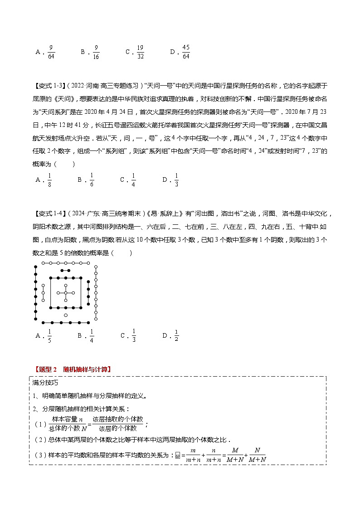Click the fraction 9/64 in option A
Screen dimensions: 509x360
[x=51, y=52]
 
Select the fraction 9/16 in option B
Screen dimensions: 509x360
[x=96, y=52]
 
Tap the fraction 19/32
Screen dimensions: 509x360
[x=140, y=52]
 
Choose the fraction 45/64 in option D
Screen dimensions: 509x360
[x=185, y=52]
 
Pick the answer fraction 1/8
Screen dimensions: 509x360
[x=49, y=180]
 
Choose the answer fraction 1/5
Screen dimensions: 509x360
[x=49, y=336]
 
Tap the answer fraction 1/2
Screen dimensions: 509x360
[x=176, y=336]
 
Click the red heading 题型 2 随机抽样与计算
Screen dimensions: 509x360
[x=73, y=369]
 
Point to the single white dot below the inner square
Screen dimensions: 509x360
[x=66, y=315]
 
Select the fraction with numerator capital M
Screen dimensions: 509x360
[x=235, y=455]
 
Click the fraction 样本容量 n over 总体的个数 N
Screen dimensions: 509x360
[x=66, y=424]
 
